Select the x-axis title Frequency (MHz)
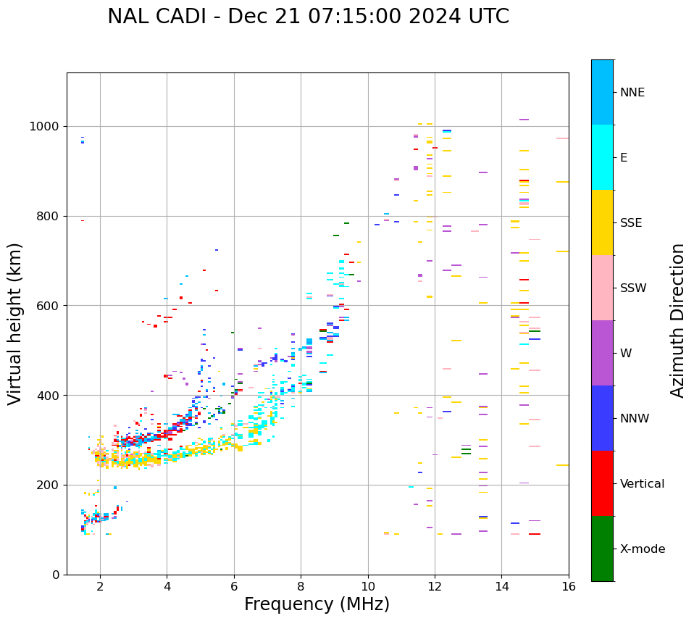(x=317, y=604)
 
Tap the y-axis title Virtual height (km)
(x=15, y=323)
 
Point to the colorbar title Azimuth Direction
(x=678, y=320)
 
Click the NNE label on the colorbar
(x=632, y=93)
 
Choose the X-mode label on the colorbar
(x=642, y=549)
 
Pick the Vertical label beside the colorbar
(x=642, y=484)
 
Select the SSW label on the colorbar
(x=633, y=288)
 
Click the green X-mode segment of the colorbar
(x=602, y=549)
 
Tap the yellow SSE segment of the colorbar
(x=602, y=222)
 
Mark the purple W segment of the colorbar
(x=602, y=353)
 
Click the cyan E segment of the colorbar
(x=602, y=157)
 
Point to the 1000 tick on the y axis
(x=45, y=126)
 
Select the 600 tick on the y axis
(x=49, y=306)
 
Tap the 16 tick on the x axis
(x=569, y=586)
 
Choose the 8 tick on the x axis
(x=301, y=586)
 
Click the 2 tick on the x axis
(x=100, y=586)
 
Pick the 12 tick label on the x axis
(x=435, y=586)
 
